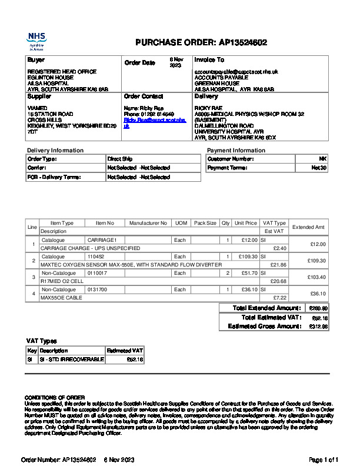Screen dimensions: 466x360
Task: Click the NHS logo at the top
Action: (37, 41)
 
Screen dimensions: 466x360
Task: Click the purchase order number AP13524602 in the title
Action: (243, 42)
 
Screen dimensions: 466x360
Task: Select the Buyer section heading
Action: (36, 60)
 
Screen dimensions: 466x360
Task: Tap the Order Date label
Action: (139, 63)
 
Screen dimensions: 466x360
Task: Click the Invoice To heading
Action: (209, 60)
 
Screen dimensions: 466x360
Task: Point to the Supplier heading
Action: (39, 96)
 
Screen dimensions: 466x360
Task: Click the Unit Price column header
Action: (246, 224)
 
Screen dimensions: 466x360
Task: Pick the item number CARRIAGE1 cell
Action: (102, 240)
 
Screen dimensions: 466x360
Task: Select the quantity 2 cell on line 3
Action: (228, 273)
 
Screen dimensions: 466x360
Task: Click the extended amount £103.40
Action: (317, 277)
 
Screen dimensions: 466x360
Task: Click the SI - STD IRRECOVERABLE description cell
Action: (72, 359)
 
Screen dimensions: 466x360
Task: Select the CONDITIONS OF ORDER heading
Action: (55, 397)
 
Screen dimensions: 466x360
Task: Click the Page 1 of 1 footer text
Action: (324, 460)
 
